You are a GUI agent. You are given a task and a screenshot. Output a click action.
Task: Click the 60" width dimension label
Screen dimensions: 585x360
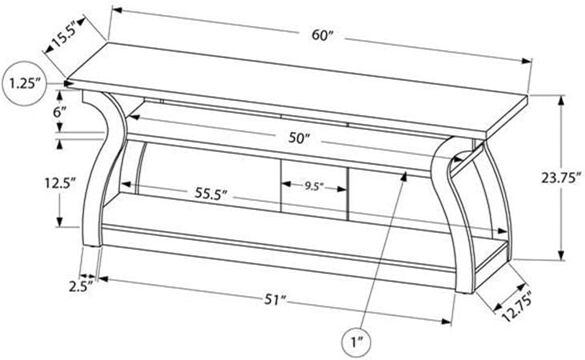point(323,36)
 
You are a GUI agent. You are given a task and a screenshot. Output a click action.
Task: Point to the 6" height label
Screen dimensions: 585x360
point(59,112)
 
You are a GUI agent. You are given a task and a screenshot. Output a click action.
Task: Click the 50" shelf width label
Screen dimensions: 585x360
point(299,138)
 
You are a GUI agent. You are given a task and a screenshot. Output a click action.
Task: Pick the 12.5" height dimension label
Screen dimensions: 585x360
point(59,183)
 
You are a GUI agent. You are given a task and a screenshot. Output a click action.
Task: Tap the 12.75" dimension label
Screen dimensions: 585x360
point(516,306)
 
